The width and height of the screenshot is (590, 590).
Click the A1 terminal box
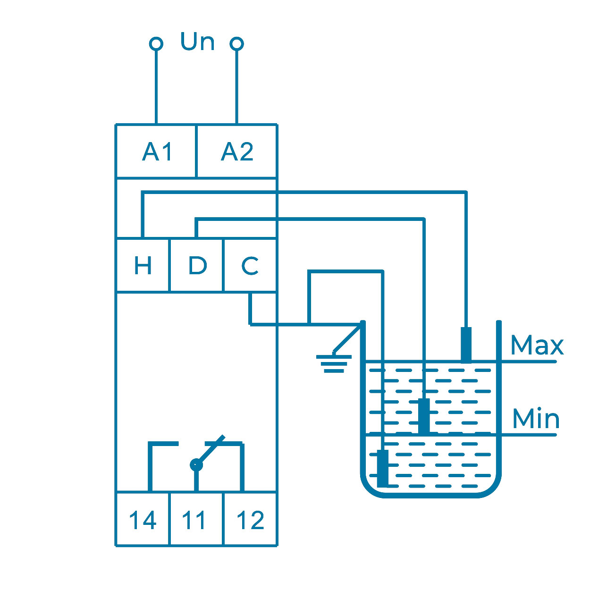(x=156, y=152)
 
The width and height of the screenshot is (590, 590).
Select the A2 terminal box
(x=236, y=152)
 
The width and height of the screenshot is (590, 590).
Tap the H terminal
(x=143, y=265)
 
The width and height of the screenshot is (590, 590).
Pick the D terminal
(x=196, y=265)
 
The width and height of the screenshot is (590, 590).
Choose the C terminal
(x=250, y=265)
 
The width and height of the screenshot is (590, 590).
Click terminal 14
(x=143, y=520)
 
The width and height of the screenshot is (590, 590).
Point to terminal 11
(x=195, y=520)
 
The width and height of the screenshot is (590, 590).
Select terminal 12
(x=250, y=520)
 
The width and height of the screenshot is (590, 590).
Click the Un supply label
(x=197, y=42)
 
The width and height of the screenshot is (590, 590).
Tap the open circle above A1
(x=156, y=44)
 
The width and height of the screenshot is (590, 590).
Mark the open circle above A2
(x=236, y=44)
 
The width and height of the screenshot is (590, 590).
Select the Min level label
(x=536, y=419)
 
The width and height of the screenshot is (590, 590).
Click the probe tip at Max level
(x=466, y=345)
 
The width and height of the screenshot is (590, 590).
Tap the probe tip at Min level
(x=424, y=415)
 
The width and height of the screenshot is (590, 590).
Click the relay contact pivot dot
(x=196, y=465)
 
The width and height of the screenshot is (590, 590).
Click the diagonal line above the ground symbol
(x=348, y=337)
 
